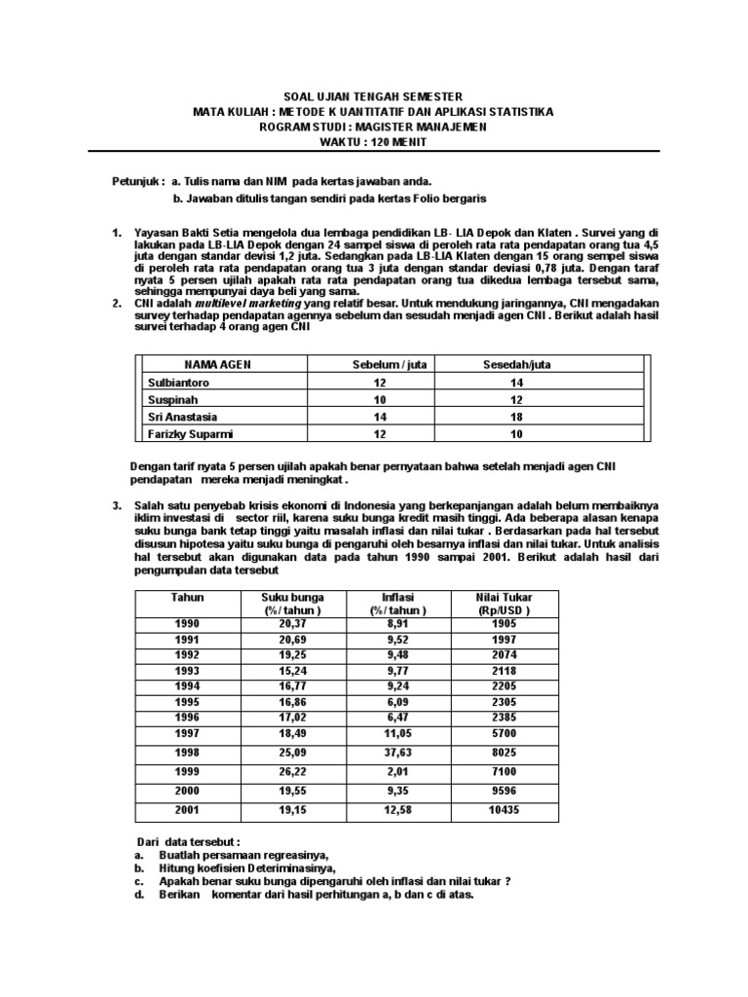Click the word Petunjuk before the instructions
point(134,181)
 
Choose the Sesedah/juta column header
point(518,365)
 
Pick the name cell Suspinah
point(170,400)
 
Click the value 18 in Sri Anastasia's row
point(517,418)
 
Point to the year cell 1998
point(185,753)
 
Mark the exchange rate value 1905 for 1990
point(504,624)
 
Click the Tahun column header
point(185,596)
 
